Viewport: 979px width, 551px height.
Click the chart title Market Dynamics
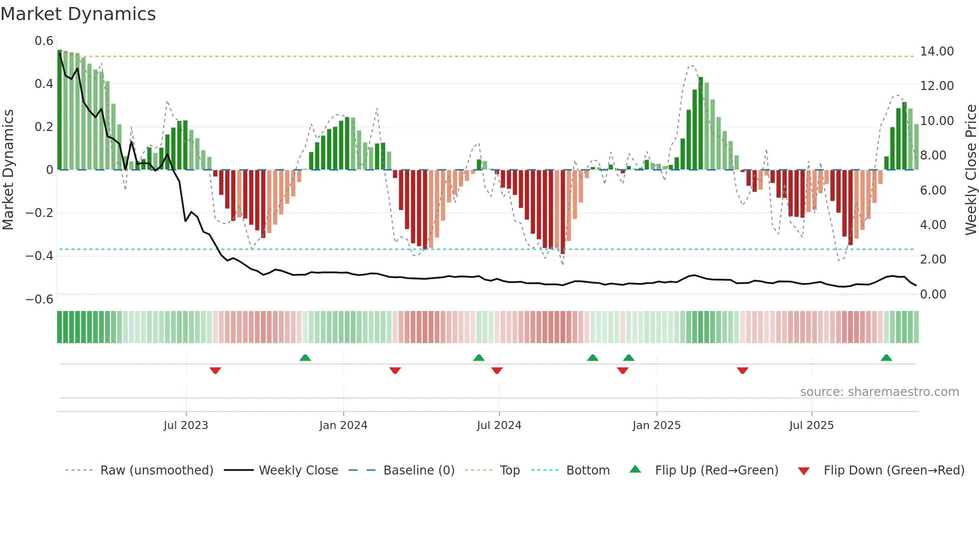pyautogui.click(x=78, y=14)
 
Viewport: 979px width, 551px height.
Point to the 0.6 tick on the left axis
pyautogui.click(x=44, y=41)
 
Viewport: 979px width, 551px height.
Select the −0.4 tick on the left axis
pyautogui.click(x=39, y=256)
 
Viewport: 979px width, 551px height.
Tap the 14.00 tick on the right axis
pyautogui.click(x=937, y=51)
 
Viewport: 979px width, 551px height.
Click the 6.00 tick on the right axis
pyautogui.click(x=933, y=190)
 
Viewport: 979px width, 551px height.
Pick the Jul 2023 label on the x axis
pyautogui.click(x=186, y=425)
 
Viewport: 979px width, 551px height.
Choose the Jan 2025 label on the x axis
pyautogui.click(x=656, y=425)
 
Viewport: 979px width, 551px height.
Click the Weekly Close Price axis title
pyautogui.click(x=971, y=170)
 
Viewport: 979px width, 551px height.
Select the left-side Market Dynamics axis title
pyautogui.click(x=8, y=170)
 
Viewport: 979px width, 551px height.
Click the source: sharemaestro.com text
pyautogui.click(x=879, y=392)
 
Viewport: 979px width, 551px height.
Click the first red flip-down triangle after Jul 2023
pyautogui.click(x=215, y=370)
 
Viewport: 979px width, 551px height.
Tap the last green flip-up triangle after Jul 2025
pyautogui.click(x=886, y=357)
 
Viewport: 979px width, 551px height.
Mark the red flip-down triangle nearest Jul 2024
pyautogui.click(x=496, y=370)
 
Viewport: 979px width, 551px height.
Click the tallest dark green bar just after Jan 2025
pyautogui.click(x=701, y=123)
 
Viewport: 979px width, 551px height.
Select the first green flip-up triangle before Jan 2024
pyautogui.click(x=305, y=357)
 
